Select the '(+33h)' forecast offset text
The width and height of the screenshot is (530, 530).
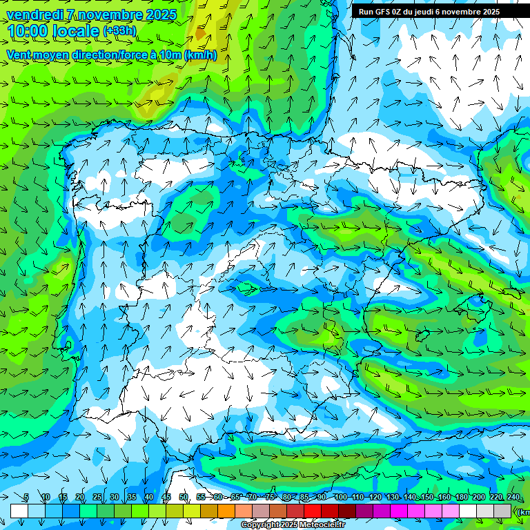pyautogui.click(x=119, y=31)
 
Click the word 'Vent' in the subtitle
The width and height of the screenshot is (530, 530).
pyautogui.click(x=19, y=55)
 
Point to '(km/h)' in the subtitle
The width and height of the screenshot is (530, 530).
pyautogui.click(x=200, y=55)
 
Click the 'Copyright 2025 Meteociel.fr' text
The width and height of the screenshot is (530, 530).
pyautogui.click(x=293, y=525)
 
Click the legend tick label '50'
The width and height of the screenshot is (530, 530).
pyautogui.click(x=184, y=497)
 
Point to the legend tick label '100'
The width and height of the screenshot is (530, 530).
pyautogui.click(x=340, y=497)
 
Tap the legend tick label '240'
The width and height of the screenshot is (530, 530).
pyautogui.click(x=513, y=497)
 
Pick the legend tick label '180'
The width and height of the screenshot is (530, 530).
pyautogui.click(x=461, y=497)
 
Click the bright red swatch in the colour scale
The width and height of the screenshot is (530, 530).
pyautogui.click(x=313, y=511)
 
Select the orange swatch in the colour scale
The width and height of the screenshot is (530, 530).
pyautogui.click(x=226, y=511)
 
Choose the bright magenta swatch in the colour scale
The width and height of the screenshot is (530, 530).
pyautogui.click(x=399, y=511)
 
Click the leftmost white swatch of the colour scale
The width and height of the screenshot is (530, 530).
pyautogui.click(x=19, y=511)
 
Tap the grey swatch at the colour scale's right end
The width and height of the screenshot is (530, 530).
pyautogui.click(x=502, y=511)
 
